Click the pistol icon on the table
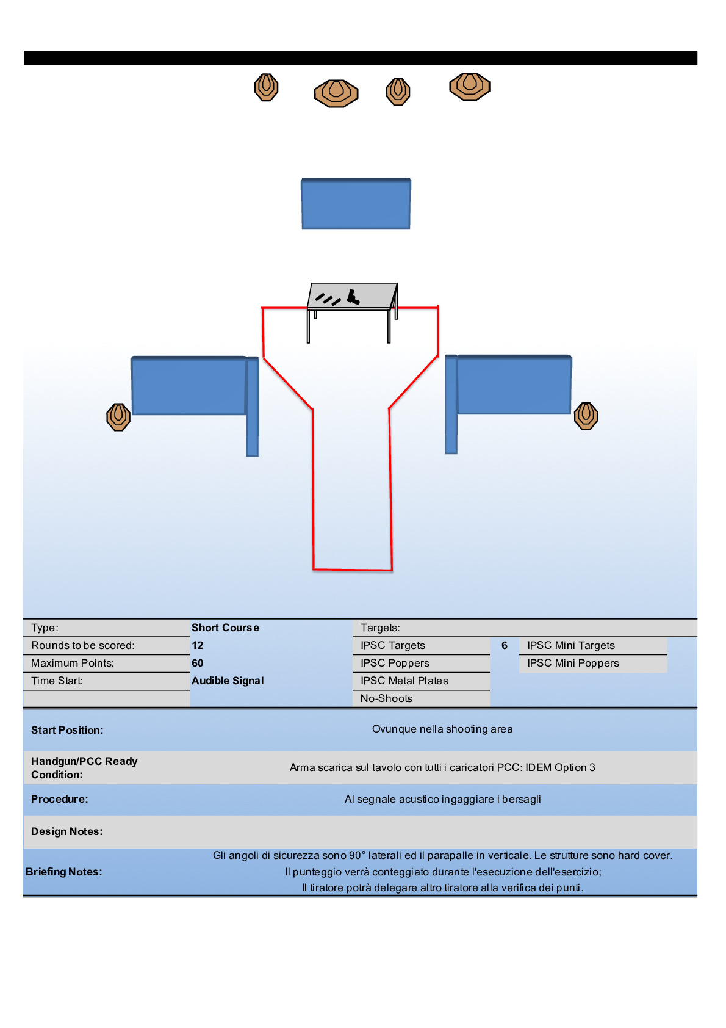tap(353, 297)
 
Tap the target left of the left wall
tap(118, 417)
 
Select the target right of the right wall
tap(586, 416)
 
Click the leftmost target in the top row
tap(266, 87)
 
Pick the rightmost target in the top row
tap(470, 86)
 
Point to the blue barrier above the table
tap(356, 204)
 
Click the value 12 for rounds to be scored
tap(198, 645)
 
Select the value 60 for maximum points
tap(198, 663)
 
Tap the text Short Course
tap(225, 628)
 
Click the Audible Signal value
tap(228, 681)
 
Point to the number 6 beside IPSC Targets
tap(505, 645)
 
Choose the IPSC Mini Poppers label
tap(573, 663)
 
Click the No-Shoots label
tap(386, 698)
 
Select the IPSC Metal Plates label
tap(404, 681)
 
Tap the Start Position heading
tap(67, 730)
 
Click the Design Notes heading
tap(67, 831)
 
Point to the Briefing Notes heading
tap(64, 872)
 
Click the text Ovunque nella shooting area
tap(442, 729)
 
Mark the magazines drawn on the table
tap(328, 299)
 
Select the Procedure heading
tap(60, 799)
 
